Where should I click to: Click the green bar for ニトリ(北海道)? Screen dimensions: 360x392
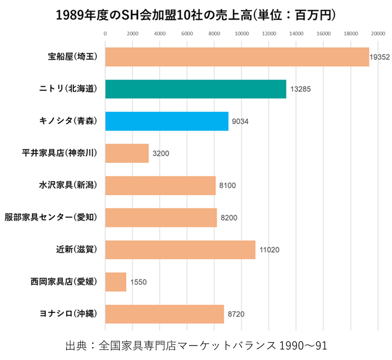(196, 89)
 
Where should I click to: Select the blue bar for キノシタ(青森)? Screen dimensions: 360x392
(167, 121)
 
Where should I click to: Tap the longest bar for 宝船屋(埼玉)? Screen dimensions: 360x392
(237, 57)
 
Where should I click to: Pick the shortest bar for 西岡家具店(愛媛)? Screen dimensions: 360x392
(116, 282)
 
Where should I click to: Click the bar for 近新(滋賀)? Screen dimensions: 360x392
(180, 250)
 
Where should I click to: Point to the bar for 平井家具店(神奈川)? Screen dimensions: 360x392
(127, 153)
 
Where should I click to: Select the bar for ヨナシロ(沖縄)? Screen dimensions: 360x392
(164, 314)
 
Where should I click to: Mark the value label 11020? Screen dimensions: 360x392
(269, 250)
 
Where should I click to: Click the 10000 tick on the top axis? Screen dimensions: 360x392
(241, 33)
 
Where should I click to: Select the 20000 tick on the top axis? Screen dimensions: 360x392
(378, 33)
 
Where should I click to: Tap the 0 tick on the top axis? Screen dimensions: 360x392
(105, 33)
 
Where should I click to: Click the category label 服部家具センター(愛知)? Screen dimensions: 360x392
(51, 217)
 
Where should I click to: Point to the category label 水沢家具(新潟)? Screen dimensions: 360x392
(68, 185)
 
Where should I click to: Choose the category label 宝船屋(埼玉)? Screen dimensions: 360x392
(73, 57)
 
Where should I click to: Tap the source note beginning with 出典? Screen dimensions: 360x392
(196, 346)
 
